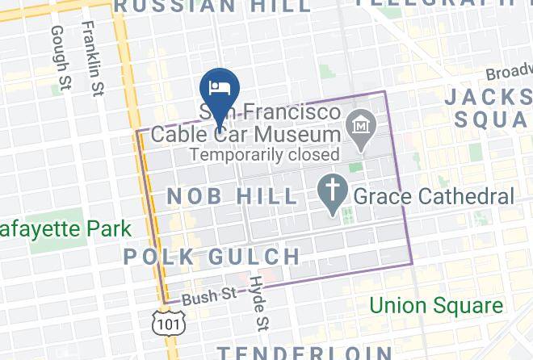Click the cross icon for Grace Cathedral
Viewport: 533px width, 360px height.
pos(332,195)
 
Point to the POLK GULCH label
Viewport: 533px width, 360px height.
pos(212,257)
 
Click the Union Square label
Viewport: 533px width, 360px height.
pos(436,306)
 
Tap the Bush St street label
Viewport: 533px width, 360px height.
pos(199,296)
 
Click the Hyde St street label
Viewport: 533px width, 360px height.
pos(258,302)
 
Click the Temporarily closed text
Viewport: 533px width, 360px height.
pos(262,153)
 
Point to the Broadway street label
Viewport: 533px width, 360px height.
pos(509,73)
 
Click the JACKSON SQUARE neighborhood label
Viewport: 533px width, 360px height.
pos(488,107)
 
